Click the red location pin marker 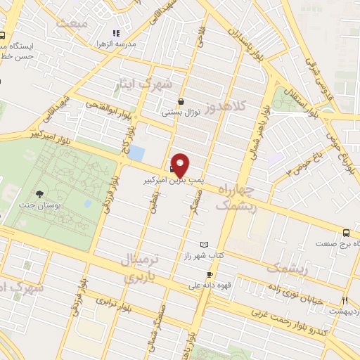click(180, 164)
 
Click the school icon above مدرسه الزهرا click(117, 32)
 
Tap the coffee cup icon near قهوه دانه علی click(209, 274)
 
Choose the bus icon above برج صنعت click(347, 233)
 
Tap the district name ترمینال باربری click(144, 268)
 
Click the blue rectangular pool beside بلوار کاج click(137, 153)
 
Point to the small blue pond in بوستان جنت click(87, 204)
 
